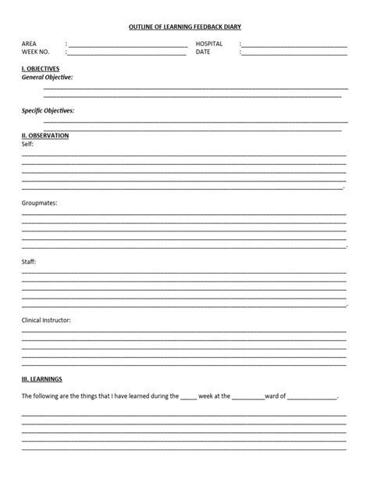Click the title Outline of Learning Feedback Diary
click(x=185, y=27)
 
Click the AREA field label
click(x=29, y=44)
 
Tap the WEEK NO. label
click(x=36, y=52)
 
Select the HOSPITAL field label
click(x=209, y=44)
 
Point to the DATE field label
click(x=203, y=52)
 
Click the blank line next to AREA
click(x=128, y=46)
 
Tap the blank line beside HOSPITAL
click(x=294, y=46)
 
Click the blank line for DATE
click(x=294, y=55)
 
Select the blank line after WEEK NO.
click(x=128, y=55)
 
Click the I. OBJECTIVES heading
click(x=41, y=69)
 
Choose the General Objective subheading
click(x=48, y=77)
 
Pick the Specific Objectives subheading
click(x=48, y=111)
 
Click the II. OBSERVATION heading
click(x=45, y=136)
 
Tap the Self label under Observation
click(x=27, y=145)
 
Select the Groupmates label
click(x=39, y=203)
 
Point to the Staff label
click(x=29, y=262)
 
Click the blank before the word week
click(x=189, y=398)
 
